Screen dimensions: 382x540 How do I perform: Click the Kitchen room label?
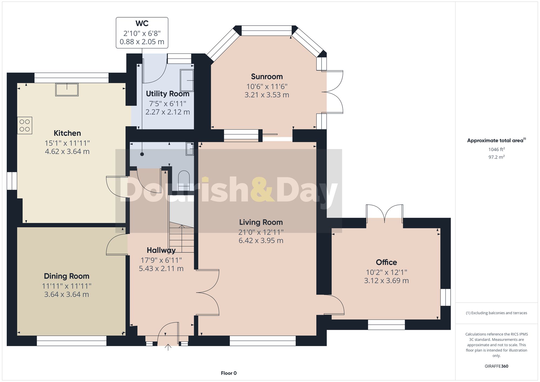pyautogui.click(x=67, y=133)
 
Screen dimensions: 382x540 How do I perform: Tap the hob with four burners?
pyautogui.click(x=25, y=126)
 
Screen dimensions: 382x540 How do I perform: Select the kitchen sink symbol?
pyautogui.click(x=67, y=90)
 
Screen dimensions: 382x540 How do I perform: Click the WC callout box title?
pyautogui.click(x=142, y=23)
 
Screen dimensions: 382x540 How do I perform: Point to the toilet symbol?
pyautogui.click(x=184, y=181)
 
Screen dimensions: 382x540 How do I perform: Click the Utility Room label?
pyautogui.click(x=167, y=94)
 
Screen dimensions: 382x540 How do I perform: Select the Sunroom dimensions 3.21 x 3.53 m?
pyautogui.click(x=267, y=95)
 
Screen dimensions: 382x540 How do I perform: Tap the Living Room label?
pyautogui.click(x=261, y=222)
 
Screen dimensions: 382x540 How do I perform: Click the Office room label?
pyautogui.click(x=386, y=262)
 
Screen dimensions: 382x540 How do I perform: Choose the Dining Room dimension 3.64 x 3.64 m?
pyautogui.click(x=66, y=295)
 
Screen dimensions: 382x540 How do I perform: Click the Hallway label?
pyautogui.click(x=161, y=250)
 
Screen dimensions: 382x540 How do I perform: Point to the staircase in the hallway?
pyautogui.click(x=182, y=238)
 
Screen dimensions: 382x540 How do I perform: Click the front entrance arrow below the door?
pyautogui.click(x=168, y=347)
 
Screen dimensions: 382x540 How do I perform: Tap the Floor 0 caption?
pyautogui.click(x=229, y=373)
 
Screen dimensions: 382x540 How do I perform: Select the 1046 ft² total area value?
pyautogui.click(x=496, y=149)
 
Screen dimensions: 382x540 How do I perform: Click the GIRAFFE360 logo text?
pyautogui.click(x=496, y=366)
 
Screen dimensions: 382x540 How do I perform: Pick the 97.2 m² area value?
pyautogui.click(x=496, y=157)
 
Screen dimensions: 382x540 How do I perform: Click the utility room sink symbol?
pyautogui.click(x=187, y=80)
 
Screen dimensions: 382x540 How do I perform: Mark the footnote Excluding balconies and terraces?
pyautogui.click(x=496, y=313)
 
